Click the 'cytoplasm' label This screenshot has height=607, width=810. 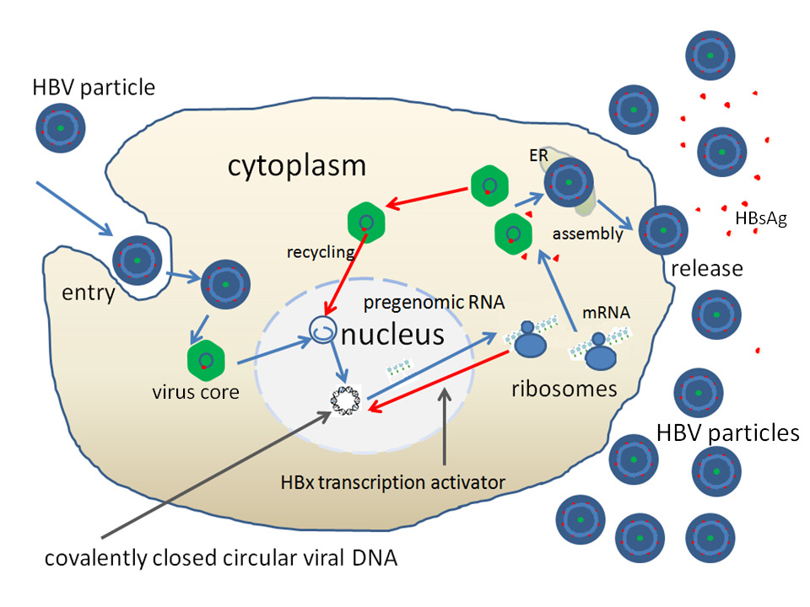point(297,165)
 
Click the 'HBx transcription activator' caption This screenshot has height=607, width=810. point(393,482)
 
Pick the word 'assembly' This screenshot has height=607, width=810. point(587,234)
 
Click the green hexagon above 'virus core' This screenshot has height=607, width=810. point(203,359)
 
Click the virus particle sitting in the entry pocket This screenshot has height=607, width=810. point(137,260)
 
